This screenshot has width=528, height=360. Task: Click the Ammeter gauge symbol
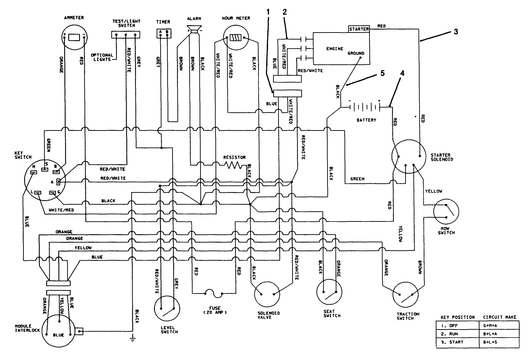[x=74, y=37]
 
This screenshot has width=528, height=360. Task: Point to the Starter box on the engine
[x=359, y=29]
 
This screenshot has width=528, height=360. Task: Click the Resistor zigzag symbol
[x=233, y=165]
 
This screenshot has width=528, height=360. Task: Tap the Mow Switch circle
[x=446, y=211]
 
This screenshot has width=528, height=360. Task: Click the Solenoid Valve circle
[x=267, y=294]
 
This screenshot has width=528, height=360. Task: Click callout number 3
[x=456, y=32]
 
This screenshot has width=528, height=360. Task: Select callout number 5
[x=382, y=74]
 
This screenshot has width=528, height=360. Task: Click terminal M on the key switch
[x=33, y=172]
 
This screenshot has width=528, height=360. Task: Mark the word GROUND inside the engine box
[x=355, y=54]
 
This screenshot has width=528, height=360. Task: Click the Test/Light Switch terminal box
[x=126, y=34]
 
